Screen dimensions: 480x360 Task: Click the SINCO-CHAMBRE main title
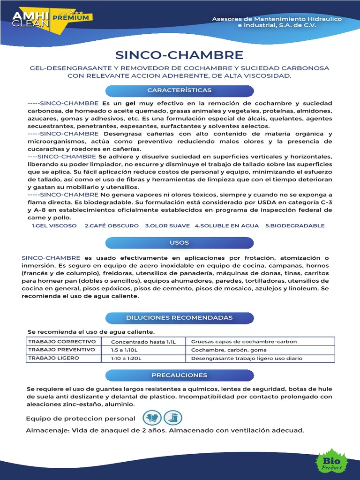tap(180, 55)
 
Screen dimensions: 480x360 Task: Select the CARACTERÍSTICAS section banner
tap(180, 90)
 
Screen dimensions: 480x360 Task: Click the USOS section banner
tap(180, 242)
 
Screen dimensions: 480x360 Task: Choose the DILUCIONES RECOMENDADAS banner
tap(180, 317)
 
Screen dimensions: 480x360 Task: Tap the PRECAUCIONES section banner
tap(180, 375)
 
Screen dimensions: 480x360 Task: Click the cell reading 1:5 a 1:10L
tap(143, 350)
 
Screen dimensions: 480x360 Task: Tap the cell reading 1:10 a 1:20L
tap(143, 359)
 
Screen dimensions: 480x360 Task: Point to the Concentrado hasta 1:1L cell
tap(143, 342)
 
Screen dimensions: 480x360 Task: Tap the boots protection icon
tap(173, 418)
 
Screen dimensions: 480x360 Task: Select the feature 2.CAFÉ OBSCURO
tap(112, 225)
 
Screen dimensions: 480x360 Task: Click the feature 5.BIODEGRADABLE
tap(295, 225)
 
